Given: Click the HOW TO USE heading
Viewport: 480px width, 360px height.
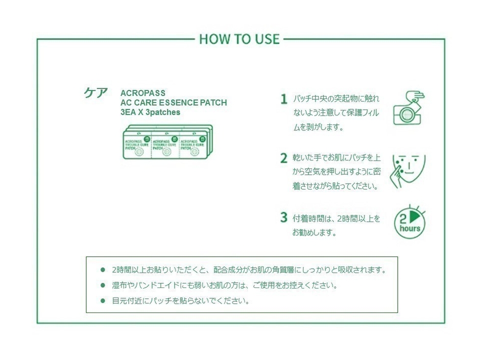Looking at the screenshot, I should pyautogui.click(x=239, y=39).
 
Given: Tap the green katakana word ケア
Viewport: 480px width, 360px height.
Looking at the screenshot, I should pyautogui.click(x=96, y=92).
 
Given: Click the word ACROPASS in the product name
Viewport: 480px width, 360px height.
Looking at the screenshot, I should pyautogui.click(x=142, y=93).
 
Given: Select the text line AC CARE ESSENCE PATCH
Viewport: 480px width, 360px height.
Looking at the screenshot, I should pyautogui.click(x=174, y=103).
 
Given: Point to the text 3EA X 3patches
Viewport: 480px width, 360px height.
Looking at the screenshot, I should pyautogui.click(x=150, y=112).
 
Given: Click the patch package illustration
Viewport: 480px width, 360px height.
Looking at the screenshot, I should pyautogui.click(x=167, y=142).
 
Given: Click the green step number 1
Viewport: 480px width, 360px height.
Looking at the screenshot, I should pyautogui.click(x=283, y=99).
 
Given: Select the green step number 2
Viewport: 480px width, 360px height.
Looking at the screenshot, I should pyautogui.click(x=283, y=158).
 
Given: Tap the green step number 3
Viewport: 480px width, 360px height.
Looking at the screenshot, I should pyautogui.click(x=283, y=218).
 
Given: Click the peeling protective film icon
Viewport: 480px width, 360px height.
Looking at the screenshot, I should pyautogui.click(x=409, y=108).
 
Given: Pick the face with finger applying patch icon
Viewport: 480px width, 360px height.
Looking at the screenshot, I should pyautogui.click(x=408, y=171).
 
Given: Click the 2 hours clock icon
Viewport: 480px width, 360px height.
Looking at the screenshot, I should pyautogui.click(x=410, y=223).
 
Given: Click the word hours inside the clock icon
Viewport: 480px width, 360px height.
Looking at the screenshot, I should pyautogui.click(x=410, y=229).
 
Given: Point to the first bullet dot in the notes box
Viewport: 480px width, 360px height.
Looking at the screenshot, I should pyautogui.click(x=103, y=270).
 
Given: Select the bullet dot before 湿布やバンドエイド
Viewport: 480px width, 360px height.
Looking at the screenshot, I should pyautogui.click(x=103, y=285).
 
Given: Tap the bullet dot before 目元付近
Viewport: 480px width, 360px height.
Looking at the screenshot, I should pyautogui.click(x=103, y=300).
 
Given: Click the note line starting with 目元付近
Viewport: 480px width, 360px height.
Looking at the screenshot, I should pyautogui.click(x=181, y=301).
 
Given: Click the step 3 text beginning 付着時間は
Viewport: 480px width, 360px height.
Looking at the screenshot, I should pyautogui.click(x=337, y=219).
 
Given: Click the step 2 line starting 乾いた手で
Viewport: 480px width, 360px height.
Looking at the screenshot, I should pyautogui.click(x=337, y=158).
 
